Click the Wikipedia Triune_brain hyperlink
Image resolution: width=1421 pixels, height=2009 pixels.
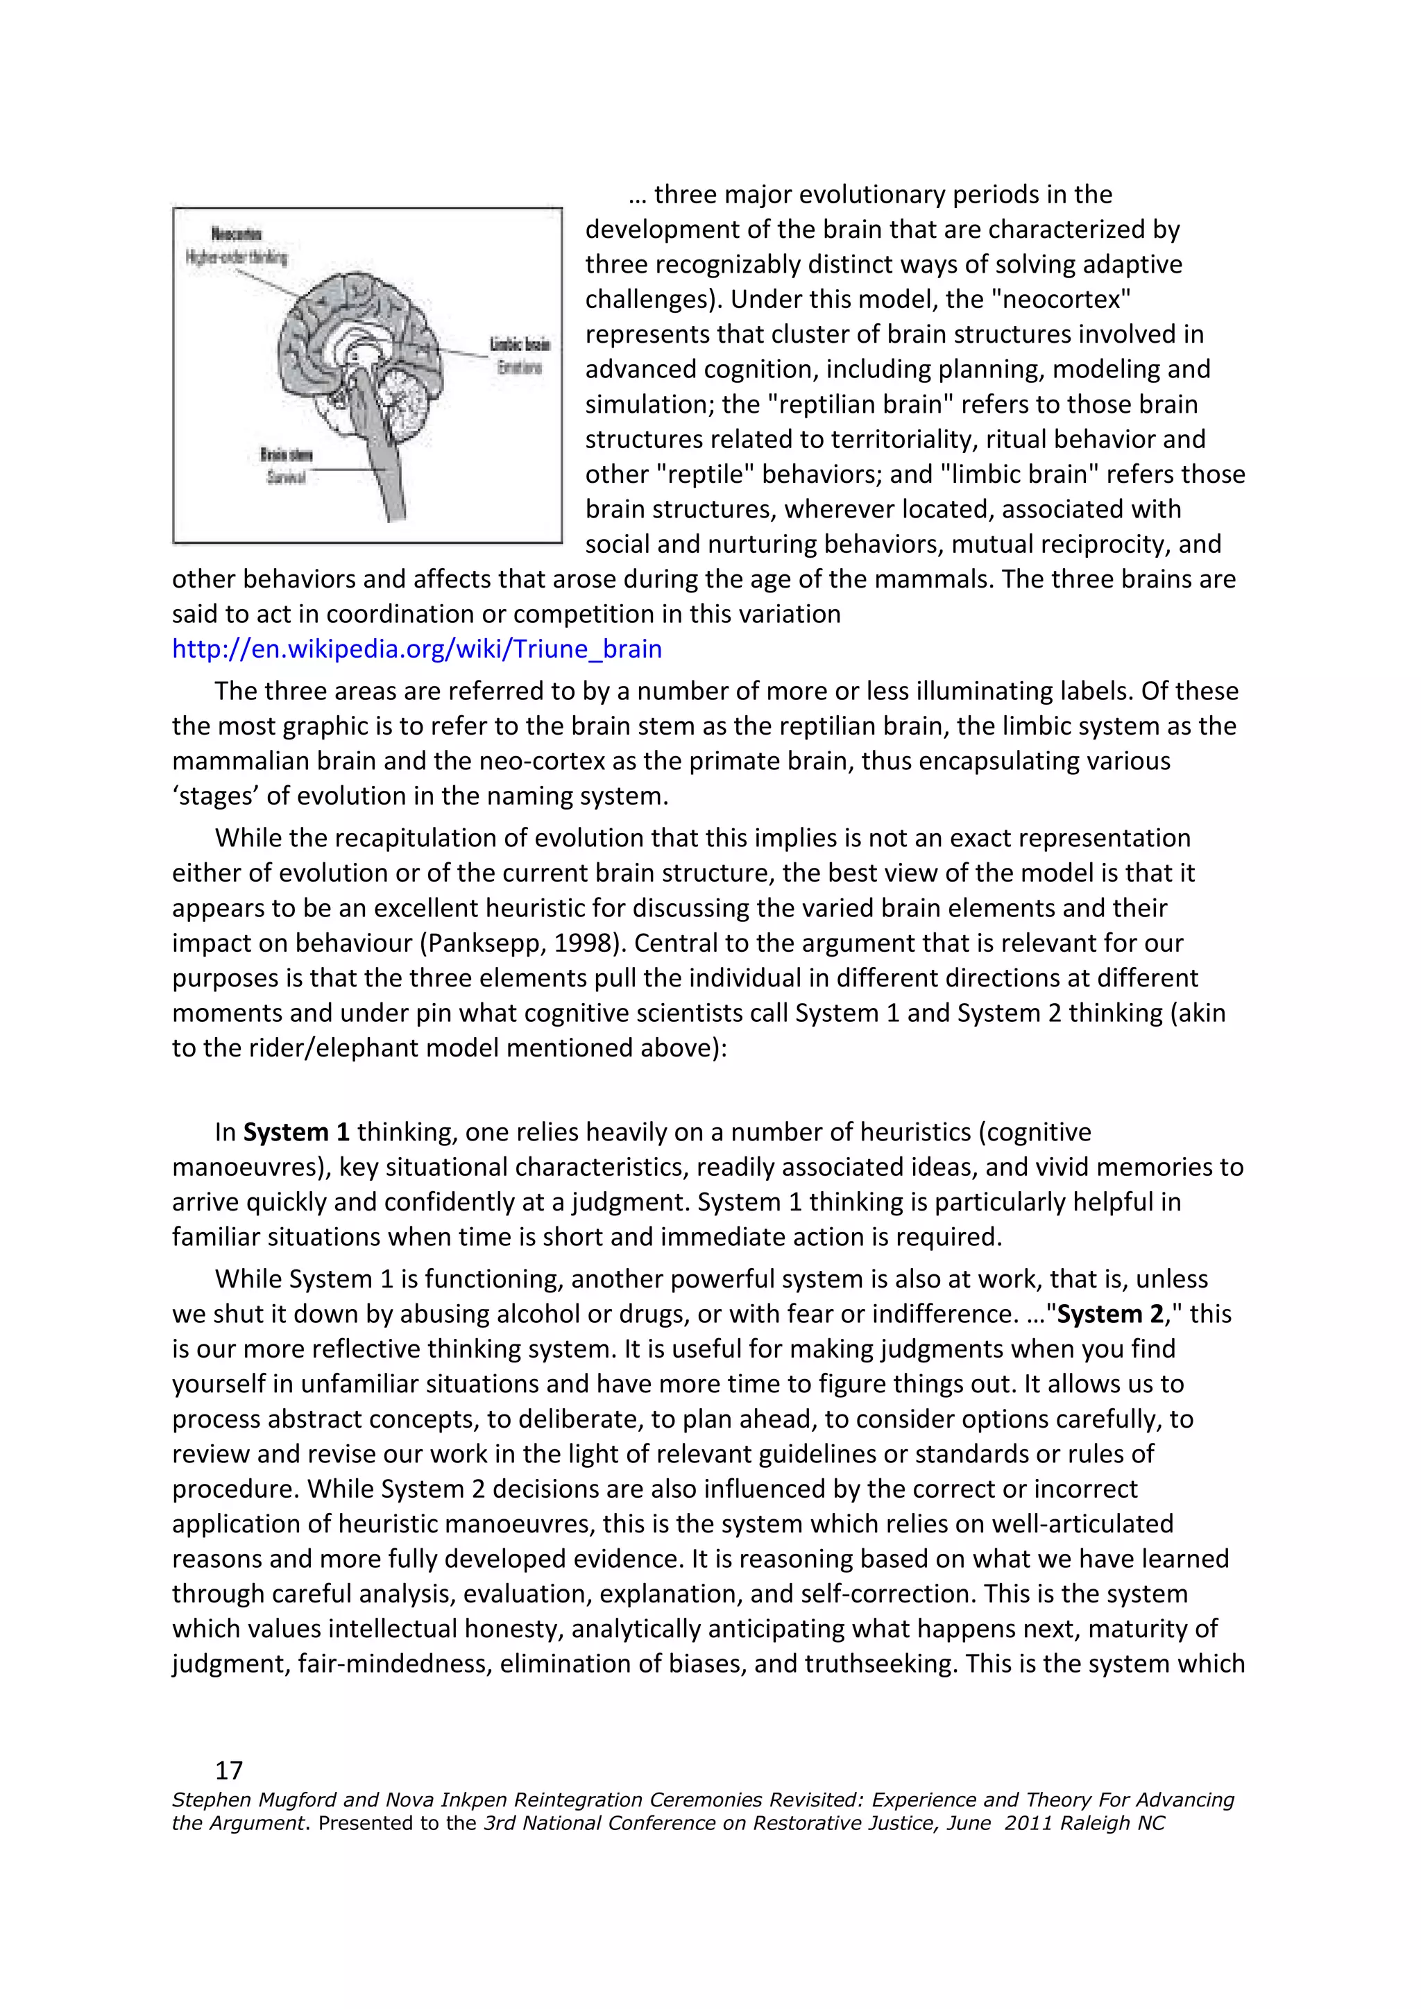[x=416, y=649]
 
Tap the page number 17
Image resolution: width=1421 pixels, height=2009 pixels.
[x=228, y=1770]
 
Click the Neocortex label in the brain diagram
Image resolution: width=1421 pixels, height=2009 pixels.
[x=235, y=234]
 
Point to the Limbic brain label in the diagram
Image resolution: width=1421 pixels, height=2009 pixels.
[x=519, y=345]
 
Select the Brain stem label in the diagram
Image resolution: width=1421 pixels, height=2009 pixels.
[x=285, y=455]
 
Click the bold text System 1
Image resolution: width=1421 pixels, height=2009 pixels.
[x=296, y=1131]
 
